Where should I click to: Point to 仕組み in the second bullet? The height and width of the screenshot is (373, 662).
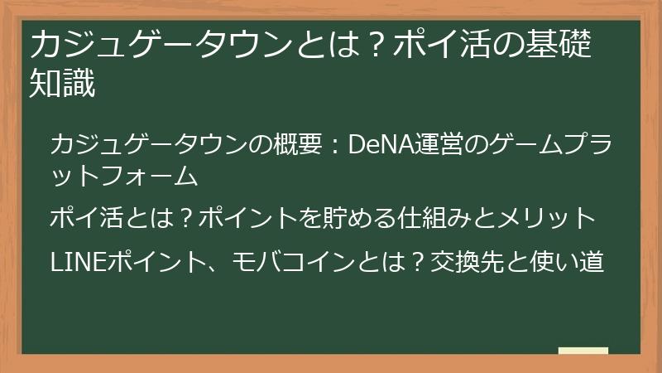[432, 220]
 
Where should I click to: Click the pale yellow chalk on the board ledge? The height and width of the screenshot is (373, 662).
[583, 351]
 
